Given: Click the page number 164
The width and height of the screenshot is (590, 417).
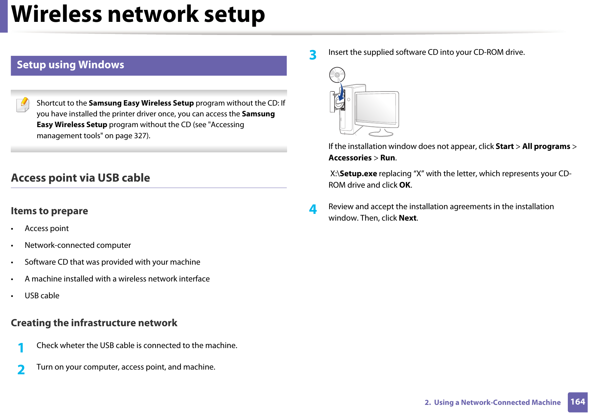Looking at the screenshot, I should (577, 402).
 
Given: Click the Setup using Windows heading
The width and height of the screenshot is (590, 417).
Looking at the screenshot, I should (70, 65).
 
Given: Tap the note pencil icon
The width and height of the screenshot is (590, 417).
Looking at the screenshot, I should (23, 105).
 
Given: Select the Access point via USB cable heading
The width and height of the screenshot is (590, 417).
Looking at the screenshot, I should (80, 178).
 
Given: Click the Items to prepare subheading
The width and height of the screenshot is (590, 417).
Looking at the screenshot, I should (49, 211).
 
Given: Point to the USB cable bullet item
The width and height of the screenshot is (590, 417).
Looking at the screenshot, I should (42, 296).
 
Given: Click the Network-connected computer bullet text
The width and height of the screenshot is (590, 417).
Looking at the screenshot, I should (78, 245).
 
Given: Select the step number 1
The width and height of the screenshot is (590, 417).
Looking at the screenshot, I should (21, 348).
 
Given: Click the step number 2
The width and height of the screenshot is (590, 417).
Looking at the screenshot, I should (21, 369).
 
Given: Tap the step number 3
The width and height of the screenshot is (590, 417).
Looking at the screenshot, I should (313, 55).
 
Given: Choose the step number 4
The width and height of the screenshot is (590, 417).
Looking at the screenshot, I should (313, 209).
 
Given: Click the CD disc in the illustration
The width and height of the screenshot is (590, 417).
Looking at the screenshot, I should (337, 75).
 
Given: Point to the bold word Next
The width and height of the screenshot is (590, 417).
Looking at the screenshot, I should (407, 218).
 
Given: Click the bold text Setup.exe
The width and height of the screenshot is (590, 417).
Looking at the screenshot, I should (358, 174).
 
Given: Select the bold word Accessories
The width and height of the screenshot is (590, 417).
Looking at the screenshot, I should (350, 158).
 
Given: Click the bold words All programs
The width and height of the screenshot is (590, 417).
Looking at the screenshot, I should (546, 147).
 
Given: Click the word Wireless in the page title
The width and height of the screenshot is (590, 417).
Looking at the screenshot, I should (56, 14).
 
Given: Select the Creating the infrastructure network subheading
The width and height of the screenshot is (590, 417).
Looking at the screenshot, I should (94, 323).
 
